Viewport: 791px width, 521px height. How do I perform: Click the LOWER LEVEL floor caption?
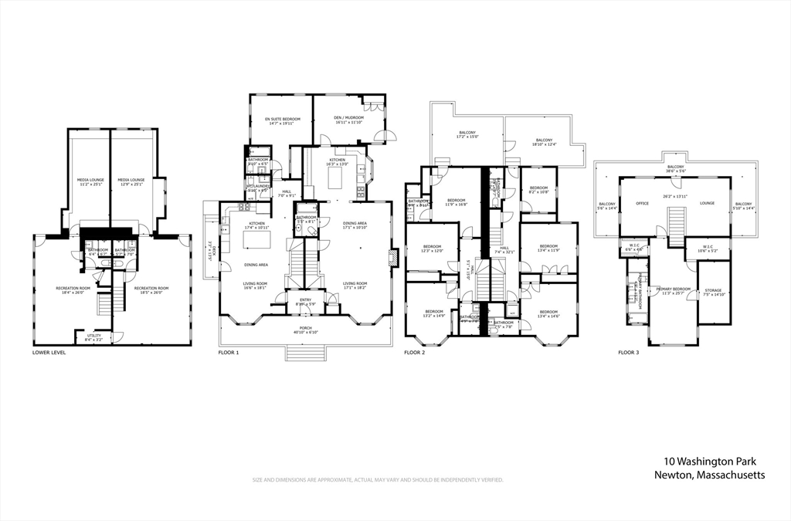49,353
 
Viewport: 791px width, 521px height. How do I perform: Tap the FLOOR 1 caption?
229,353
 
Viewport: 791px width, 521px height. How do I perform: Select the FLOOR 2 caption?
416,353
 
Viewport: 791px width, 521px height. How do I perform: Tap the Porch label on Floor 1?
306,329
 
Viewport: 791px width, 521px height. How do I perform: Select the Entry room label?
306,302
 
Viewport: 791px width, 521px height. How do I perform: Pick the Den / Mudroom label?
349,120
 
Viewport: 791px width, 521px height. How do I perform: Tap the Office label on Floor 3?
642,203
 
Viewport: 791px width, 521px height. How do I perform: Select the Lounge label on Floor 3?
707,203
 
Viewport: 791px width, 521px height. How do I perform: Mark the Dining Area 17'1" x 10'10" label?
356,225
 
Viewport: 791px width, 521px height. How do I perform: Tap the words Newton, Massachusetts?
708,475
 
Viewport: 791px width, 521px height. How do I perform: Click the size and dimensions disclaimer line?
378,480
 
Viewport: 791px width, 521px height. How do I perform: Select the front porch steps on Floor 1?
306,354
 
